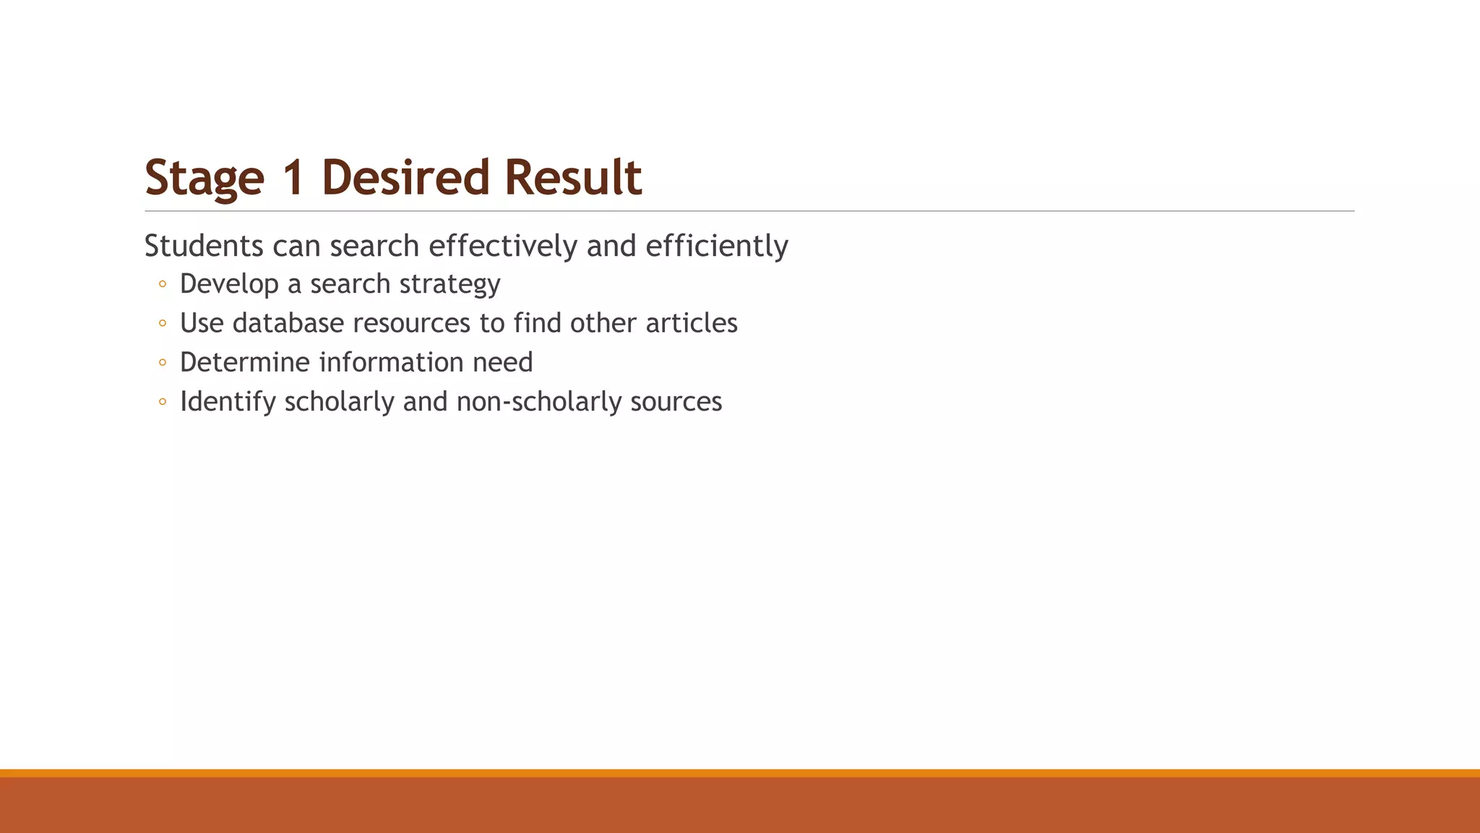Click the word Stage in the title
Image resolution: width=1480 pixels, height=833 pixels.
[205, 178]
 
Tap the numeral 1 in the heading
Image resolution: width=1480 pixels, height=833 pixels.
[293, 178]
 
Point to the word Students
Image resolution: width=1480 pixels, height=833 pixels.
[204, 246]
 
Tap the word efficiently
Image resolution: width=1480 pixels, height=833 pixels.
[716, 246]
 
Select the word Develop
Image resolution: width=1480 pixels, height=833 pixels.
[229, 284]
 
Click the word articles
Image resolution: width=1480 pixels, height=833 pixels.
[692, 323]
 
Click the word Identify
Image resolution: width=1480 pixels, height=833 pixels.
[228, 402]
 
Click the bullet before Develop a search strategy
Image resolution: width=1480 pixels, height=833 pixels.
[163, 284]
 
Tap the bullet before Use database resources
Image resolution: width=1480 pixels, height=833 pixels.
[163, 323]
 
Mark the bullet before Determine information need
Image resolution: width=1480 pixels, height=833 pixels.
[163, 362]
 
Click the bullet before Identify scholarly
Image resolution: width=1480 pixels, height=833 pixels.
[163, 402]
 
